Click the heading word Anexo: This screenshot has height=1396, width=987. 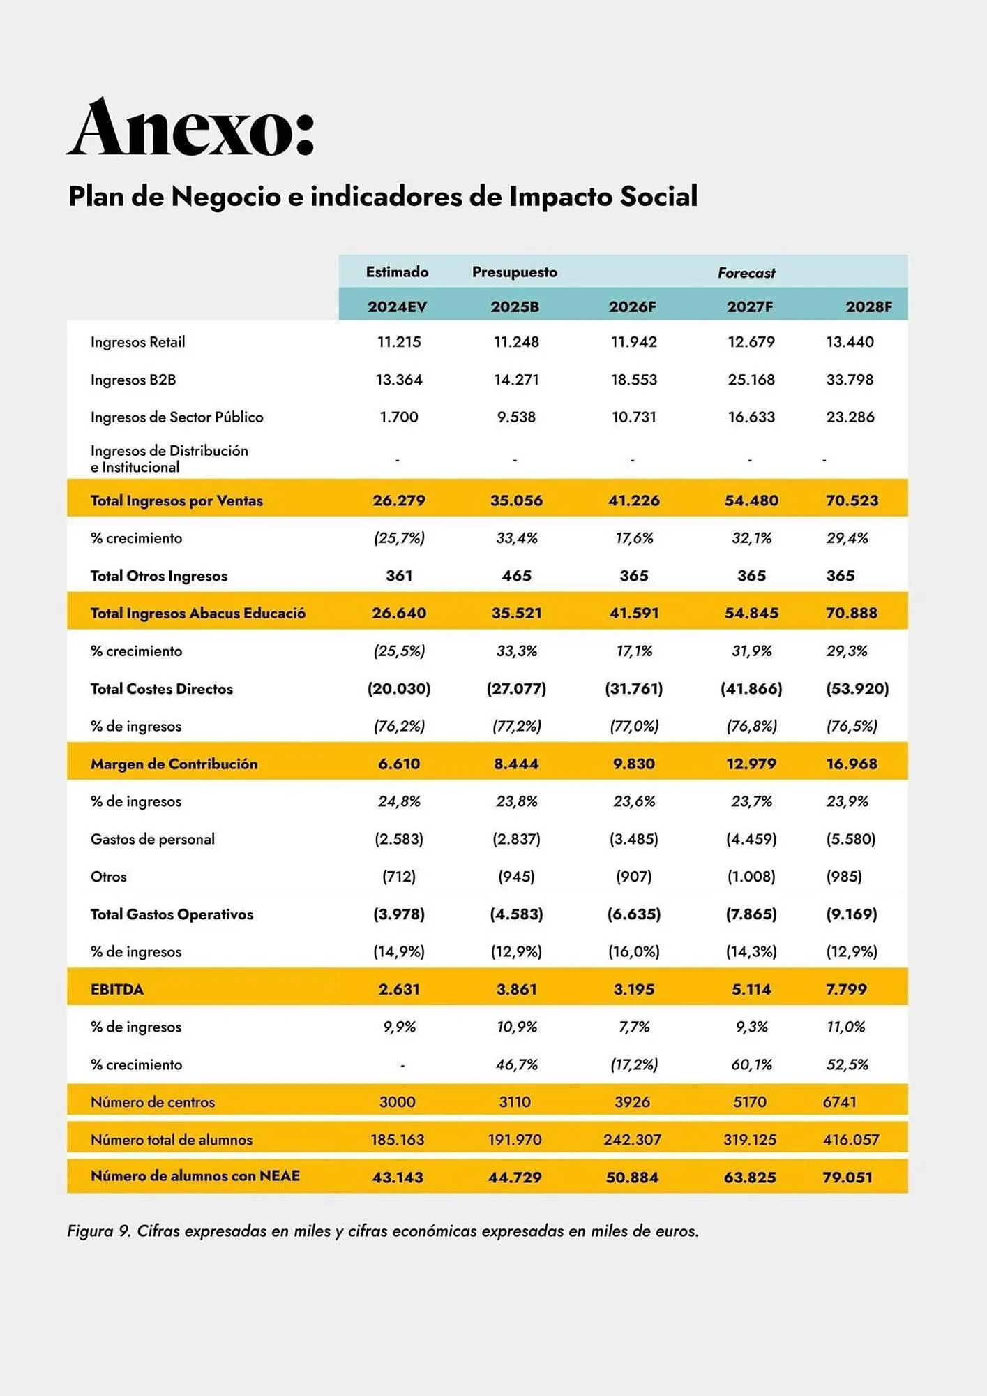coord(191,128)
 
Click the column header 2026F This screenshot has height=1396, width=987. coord(632,307)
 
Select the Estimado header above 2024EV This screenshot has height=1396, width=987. coord(397,272)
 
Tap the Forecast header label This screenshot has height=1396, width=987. coord(746,273)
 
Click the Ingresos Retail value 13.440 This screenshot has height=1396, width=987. coord(850,342)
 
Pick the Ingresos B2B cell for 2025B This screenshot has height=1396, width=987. coord(516,380)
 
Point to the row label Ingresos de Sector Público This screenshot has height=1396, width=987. coord(176,417)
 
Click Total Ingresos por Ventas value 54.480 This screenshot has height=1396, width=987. coord(751,500)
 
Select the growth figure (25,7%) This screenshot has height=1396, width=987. coord(399,538)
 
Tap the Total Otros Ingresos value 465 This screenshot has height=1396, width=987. coord(516,576)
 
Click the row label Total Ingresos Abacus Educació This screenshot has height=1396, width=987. coord(197,614)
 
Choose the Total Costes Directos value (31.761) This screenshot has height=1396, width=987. coord(633,689)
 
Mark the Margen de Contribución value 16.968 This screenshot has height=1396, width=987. coord(852,764)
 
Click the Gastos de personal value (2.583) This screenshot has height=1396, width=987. coord(399,839)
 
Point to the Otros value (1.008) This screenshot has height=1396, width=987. coord(751,877)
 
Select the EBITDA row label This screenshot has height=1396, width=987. coord(117,990)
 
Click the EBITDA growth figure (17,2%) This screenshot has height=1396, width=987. coord(633,1065)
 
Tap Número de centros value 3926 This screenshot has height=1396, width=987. coord(632,1102)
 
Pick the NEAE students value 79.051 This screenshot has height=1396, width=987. coord(847,1178)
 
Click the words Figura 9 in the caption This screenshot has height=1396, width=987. coord(98,1231)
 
